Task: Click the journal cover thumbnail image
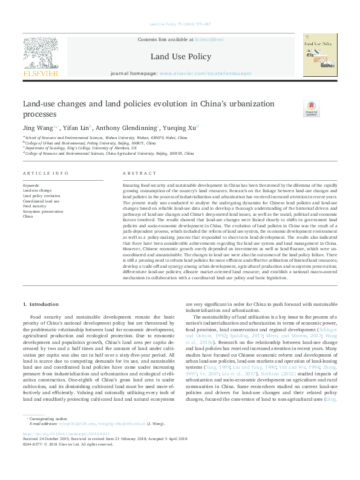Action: tap(320, 54)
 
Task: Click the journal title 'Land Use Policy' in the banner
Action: tap(180, 57)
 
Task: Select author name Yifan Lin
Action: tap(76, 127)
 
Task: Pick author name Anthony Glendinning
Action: tap(127, 127)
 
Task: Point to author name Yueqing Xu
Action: tap(178, 127)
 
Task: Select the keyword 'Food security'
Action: tap(34, 206)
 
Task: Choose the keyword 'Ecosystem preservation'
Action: tap(42, 210)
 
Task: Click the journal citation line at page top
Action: tap(180, 24)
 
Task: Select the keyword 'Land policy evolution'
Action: tap(41, 196)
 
